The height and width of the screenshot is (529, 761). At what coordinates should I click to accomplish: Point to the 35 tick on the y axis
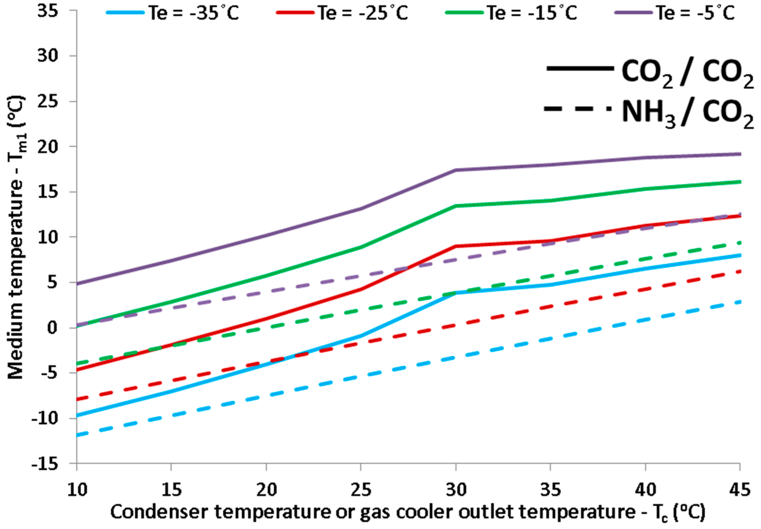coord(48,11)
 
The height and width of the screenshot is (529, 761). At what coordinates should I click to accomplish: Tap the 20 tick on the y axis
coord(48,147)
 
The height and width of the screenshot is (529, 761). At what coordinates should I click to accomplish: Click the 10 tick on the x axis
coord(77,490)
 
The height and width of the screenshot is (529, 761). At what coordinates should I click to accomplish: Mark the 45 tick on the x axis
coord(740,490)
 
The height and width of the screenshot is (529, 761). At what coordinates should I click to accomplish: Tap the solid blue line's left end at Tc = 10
coord(77,415)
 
